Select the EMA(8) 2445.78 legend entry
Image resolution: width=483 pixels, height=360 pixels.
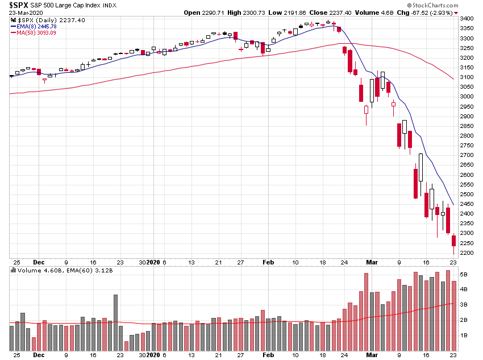click(36, 26)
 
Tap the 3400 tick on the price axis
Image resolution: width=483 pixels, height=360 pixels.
click(467, 18)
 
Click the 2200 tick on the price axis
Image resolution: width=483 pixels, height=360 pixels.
click(467, 253)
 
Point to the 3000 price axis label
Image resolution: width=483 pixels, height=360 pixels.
click(467, 96)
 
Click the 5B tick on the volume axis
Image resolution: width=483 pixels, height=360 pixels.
click(464, 274)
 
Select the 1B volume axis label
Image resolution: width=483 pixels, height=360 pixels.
click(464, 335)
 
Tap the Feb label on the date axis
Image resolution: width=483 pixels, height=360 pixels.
click(268, 262)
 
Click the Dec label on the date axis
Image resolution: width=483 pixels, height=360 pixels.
click(39, 262)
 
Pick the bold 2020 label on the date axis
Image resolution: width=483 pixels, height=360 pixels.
click(154, 262)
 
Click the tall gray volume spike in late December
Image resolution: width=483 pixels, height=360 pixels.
click(115, 322)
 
